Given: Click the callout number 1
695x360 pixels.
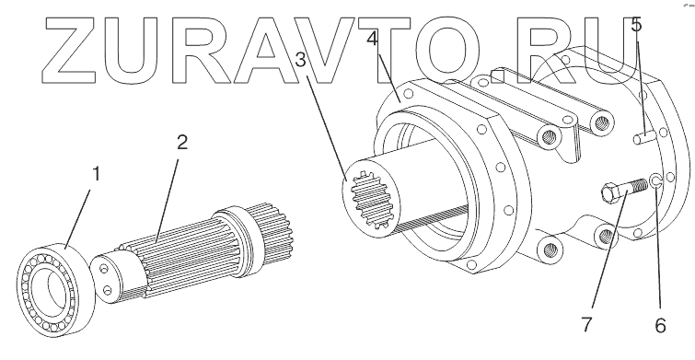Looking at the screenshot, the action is click(96, 174).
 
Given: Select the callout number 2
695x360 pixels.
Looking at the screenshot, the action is click(182, 143).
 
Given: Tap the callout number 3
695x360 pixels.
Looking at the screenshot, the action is click(300, 60).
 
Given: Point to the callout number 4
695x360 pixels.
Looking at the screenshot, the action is click(372, 38).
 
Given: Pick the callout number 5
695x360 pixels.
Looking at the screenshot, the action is click(636, 24).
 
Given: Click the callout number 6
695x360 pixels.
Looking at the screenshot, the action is click(660, 326).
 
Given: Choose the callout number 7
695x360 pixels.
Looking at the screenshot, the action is click(587, 324).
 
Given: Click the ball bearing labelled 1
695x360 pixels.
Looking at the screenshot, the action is click(56, 288).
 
